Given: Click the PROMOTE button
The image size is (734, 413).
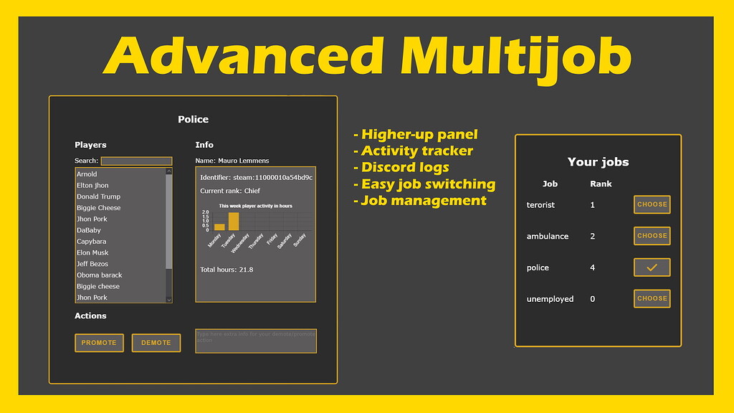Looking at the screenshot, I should [x=99, y=343].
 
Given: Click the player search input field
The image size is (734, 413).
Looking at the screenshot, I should [x=136, y=161].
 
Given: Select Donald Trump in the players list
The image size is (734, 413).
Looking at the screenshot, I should [x=99, y=196].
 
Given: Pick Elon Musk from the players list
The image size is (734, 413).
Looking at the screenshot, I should [x=92, y=253].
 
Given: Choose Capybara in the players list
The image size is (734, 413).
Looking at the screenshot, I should [x=92, y=242].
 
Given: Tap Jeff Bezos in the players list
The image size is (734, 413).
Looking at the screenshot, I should [x=92, y=264].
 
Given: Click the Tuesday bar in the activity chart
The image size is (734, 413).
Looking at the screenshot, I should [x=234, y=222].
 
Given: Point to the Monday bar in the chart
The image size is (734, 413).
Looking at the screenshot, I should [x=219, y=227].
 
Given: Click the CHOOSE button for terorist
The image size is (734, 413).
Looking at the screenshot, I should [x=652, y=204].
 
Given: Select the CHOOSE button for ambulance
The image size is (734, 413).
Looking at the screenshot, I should [x=652, y=236].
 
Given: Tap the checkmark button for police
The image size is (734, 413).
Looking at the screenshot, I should [x=652, y=267].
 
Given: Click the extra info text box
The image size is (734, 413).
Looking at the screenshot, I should [x=255, y=341].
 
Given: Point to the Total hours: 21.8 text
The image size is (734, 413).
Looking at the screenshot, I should [x=227, y=270].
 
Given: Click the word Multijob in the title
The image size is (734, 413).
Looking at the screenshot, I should [x=516, y=55].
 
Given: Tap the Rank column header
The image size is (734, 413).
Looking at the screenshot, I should [x=601, y=184].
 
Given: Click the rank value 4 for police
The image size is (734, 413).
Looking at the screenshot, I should [x=593, y=267].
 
